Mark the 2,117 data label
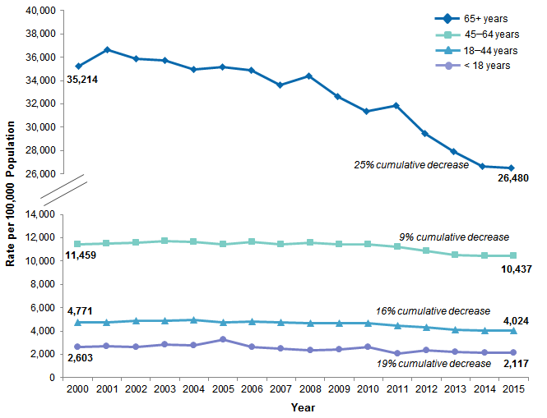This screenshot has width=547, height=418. point(515,364)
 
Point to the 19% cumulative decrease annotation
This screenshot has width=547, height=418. point(433,363)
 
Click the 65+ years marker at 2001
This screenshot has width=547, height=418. point(107,50)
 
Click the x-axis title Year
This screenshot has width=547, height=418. point(303,407)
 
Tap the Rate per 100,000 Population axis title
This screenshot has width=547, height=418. point(12,194)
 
